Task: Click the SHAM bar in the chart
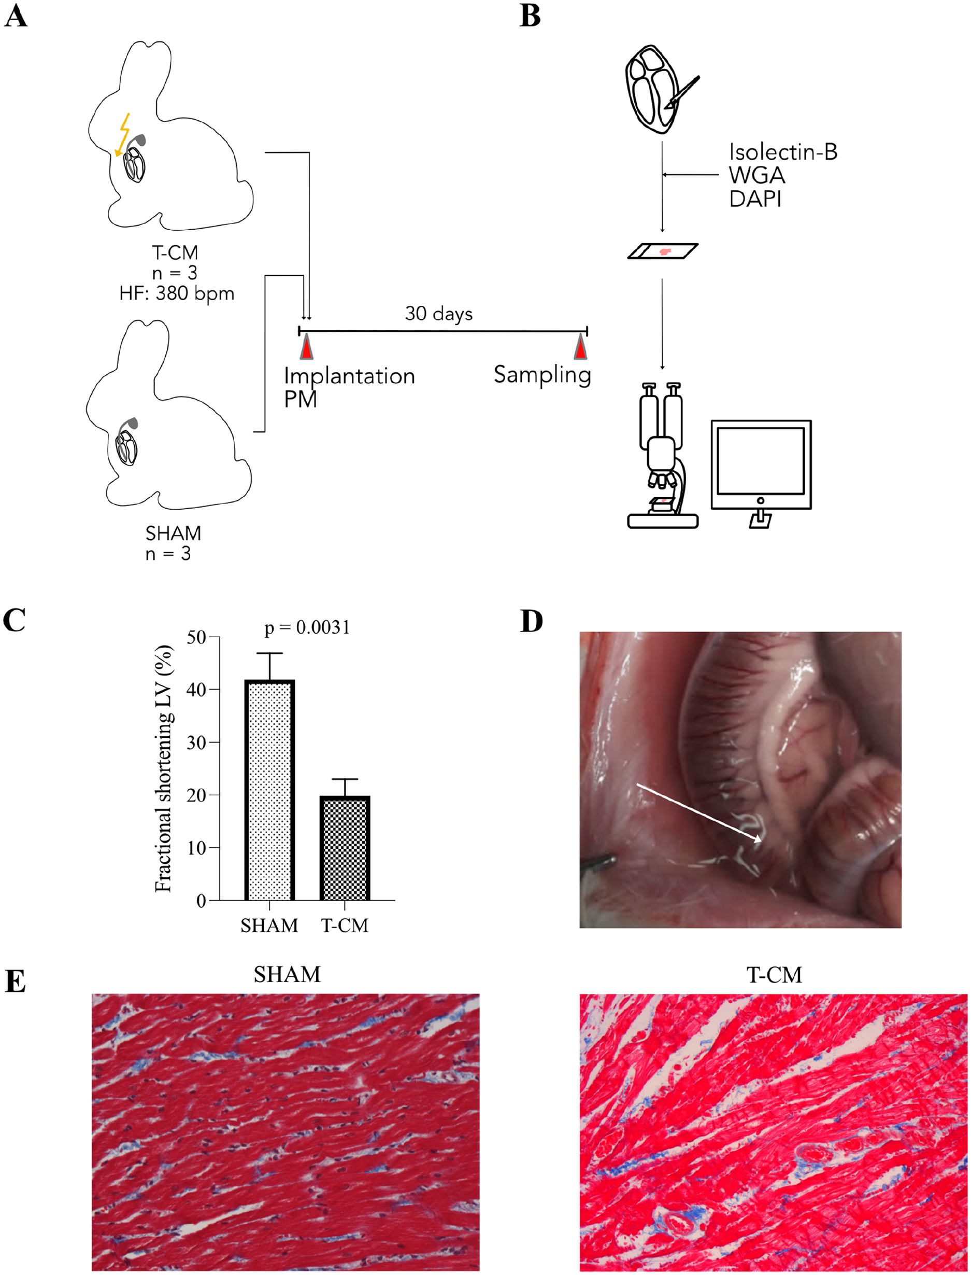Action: [x=270, y=790]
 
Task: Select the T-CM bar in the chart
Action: [x=345, y=848]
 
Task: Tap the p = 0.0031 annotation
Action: [x=307, y=627]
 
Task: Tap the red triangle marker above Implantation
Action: [x=306, y=347]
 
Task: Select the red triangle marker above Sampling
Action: [x=580, y=347]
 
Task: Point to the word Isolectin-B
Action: [x=783, y=152]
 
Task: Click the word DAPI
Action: [x=755, y=199]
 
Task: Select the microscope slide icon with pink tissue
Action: [x=663, y=251]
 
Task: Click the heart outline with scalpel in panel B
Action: [x=659, y=89]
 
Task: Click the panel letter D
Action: [x=532, y=621]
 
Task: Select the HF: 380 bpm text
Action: [x=177, y=294]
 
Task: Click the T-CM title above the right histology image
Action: [x=774, y=975]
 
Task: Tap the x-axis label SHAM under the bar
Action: [x=269, y=926]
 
